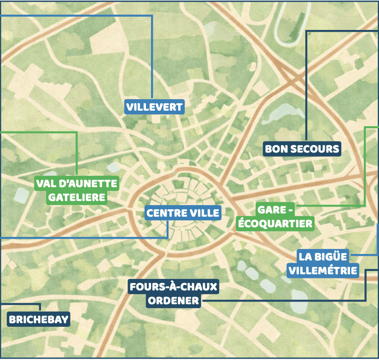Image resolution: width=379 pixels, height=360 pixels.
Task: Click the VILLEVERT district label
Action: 155,107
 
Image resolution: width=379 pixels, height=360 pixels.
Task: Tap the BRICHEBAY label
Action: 39,319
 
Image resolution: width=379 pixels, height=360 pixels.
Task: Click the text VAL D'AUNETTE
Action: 77,183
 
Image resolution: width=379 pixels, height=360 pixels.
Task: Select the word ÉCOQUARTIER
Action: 274,224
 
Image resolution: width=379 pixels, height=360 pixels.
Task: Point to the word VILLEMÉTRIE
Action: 322,270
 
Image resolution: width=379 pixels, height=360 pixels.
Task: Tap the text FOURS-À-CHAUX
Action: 173,287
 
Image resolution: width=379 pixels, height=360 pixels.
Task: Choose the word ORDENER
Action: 173,301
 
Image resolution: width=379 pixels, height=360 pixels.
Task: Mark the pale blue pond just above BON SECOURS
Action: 283,110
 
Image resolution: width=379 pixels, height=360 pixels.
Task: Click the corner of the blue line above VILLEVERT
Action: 152,16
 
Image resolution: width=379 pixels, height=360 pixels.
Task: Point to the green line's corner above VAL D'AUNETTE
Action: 76,133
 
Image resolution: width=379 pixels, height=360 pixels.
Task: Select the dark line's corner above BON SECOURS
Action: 306,31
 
